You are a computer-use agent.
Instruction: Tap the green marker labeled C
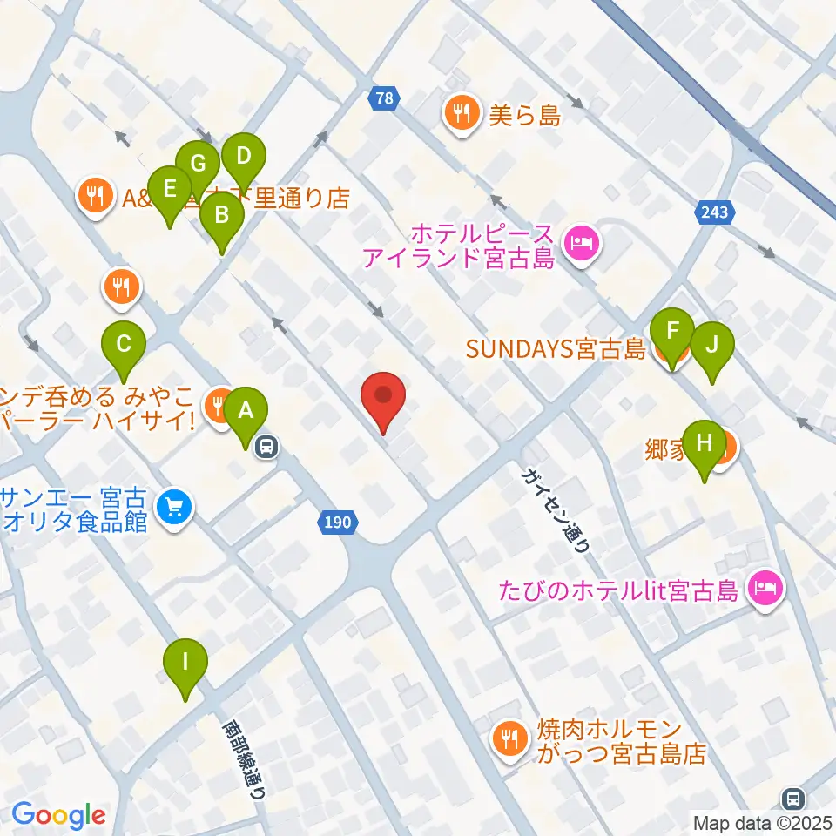tap(124, 343)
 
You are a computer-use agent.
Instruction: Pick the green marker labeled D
tap(244, 158)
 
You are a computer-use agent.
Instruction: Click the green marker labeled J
tap(712, 345)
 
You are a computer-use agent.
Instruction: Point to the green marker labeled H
tap(705, 443)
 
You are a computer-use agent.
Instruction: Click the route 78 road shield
tap(384, 98)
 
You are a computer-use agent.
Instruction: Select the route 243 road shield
tap(716, 212)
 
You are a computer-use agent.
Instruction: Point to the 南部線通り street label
tap(243, 758)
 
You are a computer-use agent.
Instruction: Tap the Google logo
tap(58, 815)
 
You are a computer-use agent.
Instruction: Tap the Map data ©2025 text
tap(763, 822)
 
